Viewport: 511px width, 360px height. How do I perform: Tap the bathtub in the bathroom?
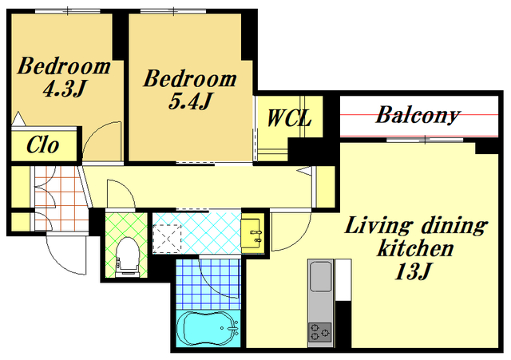tap(208, 328)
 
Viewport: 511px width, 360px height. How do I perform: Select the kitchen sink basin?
tap(321, 276)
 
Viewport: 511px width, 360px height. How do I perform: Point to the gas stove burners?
tap(320, 332)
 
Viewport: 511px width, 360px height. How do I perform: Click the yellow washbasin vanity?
tap(252, 234)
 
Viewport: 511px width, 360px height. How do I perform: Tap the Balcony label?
tap(418, 115)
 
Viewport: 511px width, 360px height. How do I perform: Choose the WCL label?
tap(289, 118)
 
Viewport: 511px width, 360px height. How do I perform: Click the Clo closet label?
tap(42, 145)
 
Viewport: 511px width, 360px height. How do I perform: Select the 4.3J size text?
tap(64, 89)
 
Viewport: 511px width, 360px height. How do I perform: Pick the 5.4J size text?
tap(190, 101)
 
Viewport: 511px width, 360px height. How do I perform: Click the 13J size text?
tap(413, 271)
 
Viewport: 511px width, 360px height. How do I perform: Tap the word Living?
tap(378, 226)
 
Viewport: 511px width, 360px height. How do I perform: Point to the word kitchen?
tap(415, 248)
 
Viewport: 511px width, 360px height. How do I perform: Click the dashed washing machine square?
tap(167, 239)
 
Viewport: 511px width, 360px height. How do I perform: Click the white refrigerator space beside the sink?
tap(343, 280)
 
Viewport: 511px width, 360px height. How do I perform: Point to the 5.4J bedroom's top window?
tap(173, 11)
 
